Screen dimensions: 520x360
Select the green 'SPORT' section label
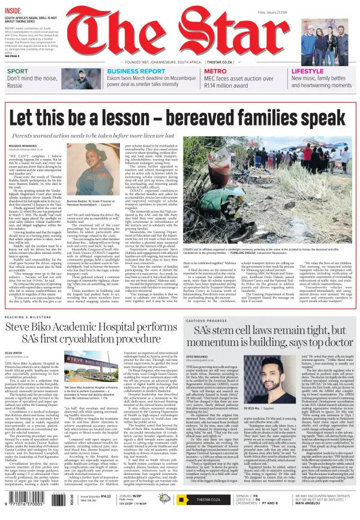17,71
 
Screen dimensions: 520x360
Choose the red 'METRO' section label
199,71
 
